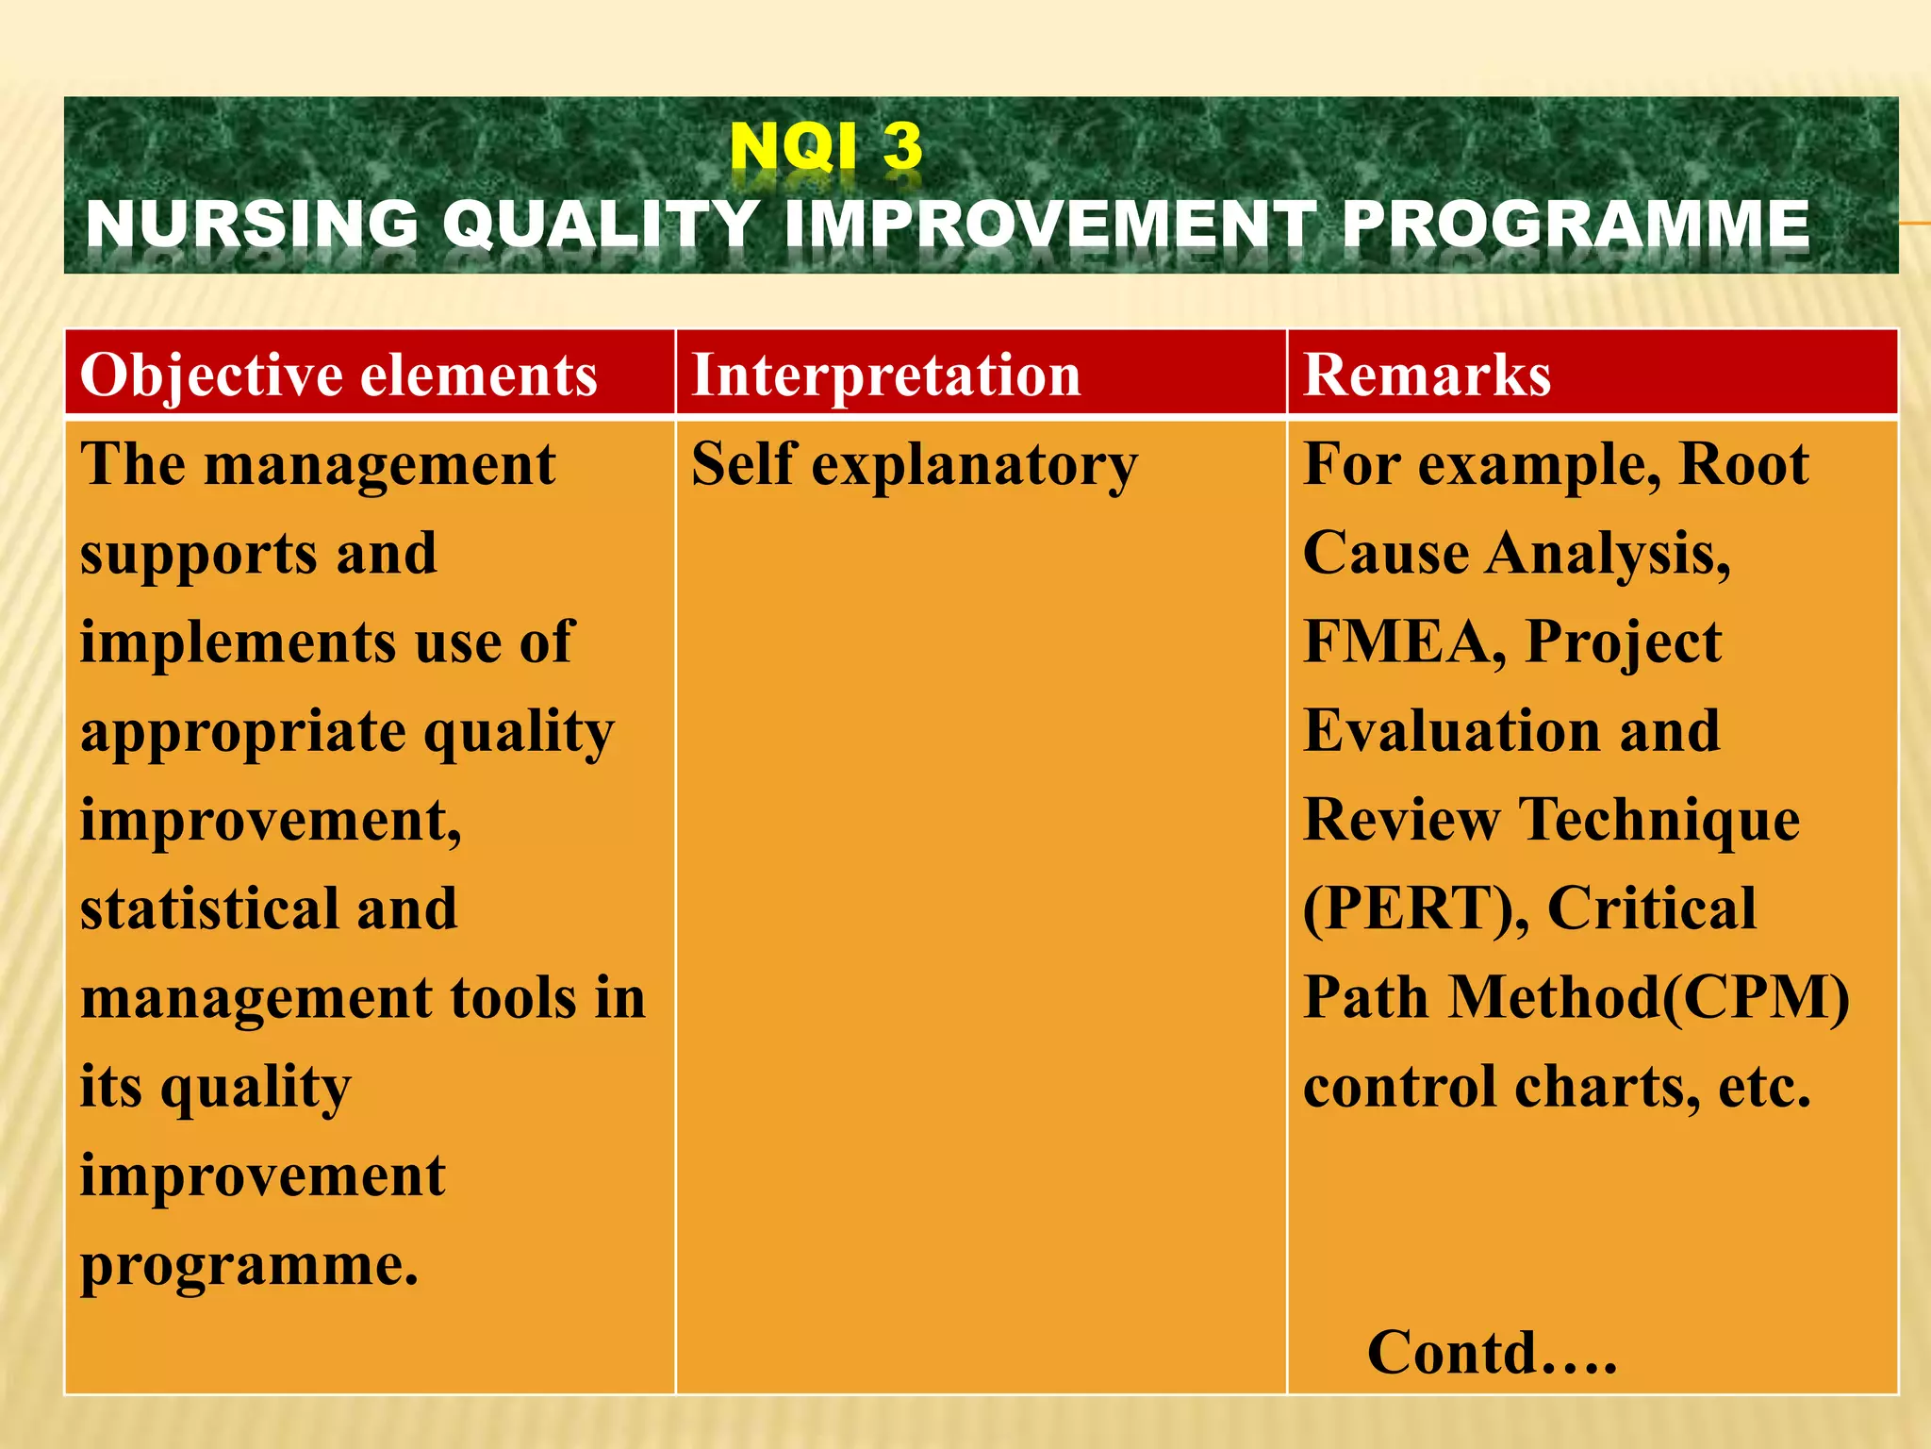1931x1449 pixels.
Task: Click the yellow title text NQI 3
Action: pos(826,147)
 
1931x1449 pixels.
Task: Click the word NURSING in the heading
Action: pos(252,225)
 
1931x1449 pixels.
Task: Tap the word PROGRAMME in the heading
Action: pos(1575,225)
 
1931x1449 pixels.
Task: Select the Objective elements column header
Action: pos(338,375)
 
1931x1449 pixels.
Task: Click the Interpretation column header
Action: pos(885,375)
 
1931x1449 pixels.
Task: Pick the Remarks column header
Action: pos(1426,375)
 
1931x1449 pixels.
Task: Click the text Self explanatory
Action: pos(914,464)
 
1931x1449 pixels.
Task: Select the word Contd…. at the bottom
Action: pos(1492,1353)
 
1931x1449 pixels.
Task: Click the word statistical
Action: pos(209,909)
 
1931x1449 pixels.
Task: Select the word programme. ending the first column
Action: pos(249,1265)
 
